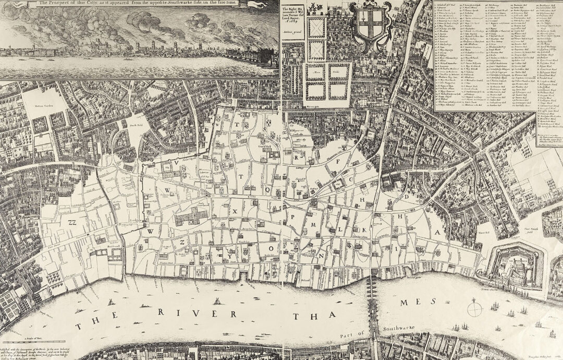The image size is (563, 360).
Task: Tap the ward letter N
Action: pos(322,255)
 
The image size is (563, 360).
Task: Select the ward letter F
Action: pos(338,161)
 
